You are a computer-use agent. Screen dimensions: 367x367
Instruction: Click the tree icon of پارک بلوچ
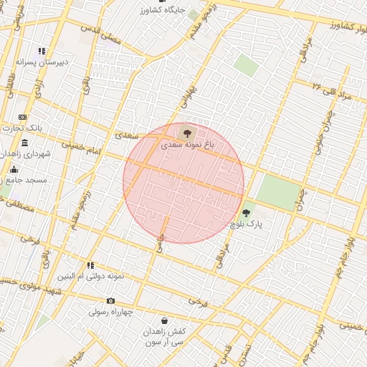tap(247, 213)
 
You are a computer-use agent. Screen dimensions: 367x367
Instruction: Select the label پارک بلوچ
tap(247, 225)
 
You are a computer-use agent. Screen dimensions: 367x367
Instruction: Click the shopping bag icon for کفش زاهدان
tap(166, 320)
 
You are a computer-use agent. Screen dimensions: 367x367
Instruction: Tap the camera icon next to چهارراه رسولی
tap(110, 301)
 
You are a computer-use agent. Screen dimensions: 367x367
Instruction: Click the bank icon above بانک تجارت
tap(22, 117)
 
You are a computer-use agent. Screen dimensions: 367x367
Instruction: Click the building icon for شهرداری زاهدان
tap(25, 143)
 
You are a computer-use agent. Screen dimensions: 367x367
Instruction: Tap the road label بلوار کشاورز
tap(335, 24)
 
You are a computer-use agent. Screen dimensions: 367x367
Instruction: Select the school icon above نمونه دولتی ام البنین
tap(90, 264)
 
